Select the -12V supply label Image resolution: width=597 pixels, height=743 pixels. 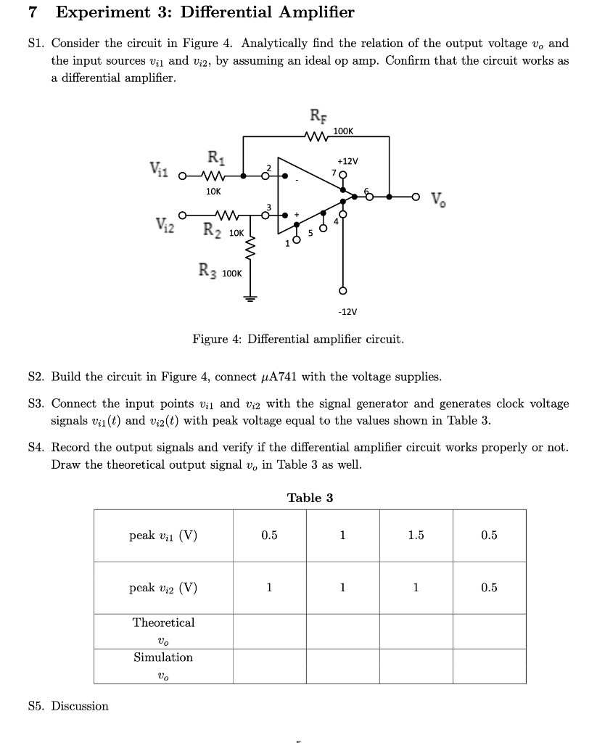click(347, 311)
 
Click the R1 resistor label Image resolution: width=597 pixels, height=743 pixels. click(215, 156)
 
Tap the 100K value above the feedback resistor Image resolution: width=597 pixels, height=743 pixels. click(343, 131)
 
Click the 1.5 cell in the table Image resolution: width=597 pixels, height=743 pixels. click(416, 535)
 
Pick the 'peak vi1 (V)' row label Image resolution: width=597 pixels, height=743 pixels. click(163, 535)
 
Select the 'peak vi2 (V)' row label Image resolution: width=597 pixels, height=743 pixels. click(163, 588)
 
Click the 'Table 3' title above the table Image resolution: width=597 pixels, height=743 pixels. click(310, 498)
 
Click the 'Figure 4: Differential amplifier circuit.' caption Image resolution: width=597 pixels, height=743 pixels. click(297, 339)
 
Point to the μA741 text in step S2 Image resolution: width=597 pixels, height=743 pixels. click(278, 377)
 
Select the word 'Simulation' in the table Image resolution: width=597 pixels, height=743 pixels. click(163, 657)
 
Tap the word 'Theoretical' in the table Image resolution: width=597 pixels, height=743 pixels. click(163, 623)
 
